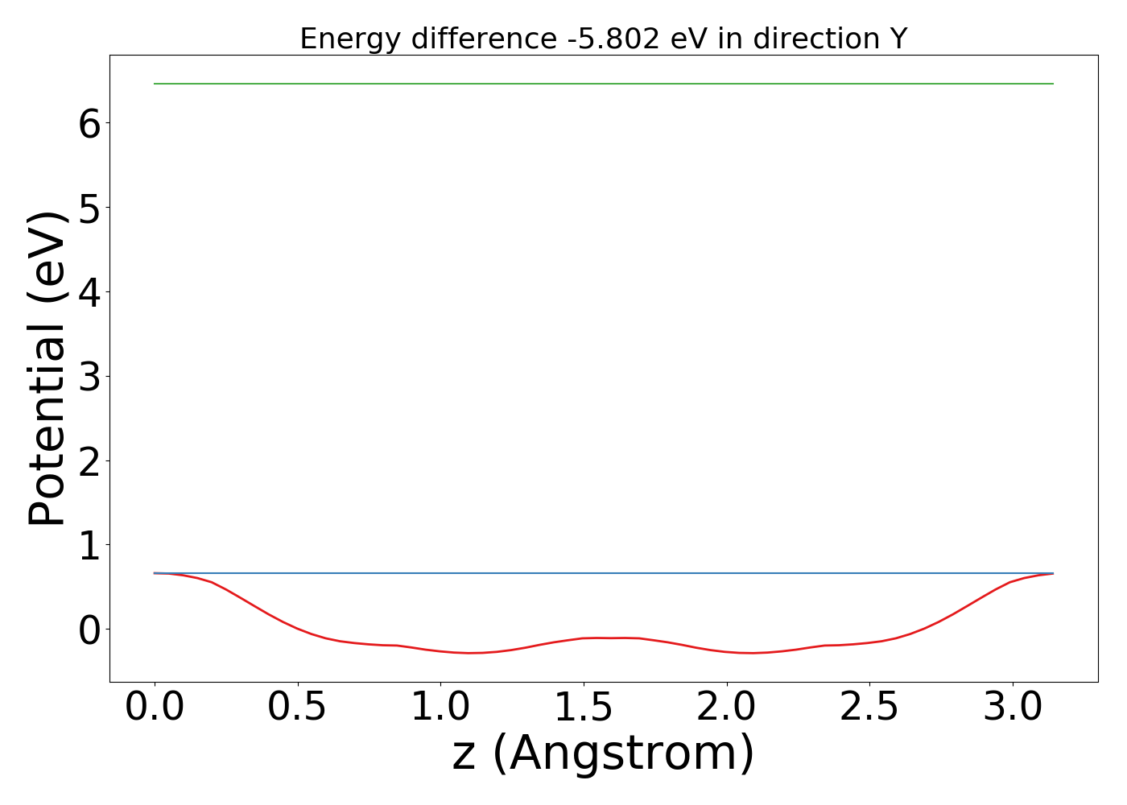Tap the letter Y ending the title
pos(899,39)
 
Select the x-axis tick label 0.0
pos(155,708)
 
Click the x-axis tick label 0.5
pos(297,708)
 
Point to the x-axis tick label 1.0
pos(440,708)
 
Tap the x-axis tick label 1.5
pos(583,708)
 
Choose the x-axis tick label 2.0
pos(726,708)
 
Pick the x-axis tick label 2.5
pos(869,708)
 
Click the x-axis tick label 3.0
pos(1012,708)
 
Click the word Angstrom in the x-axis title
pos(622,754)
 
